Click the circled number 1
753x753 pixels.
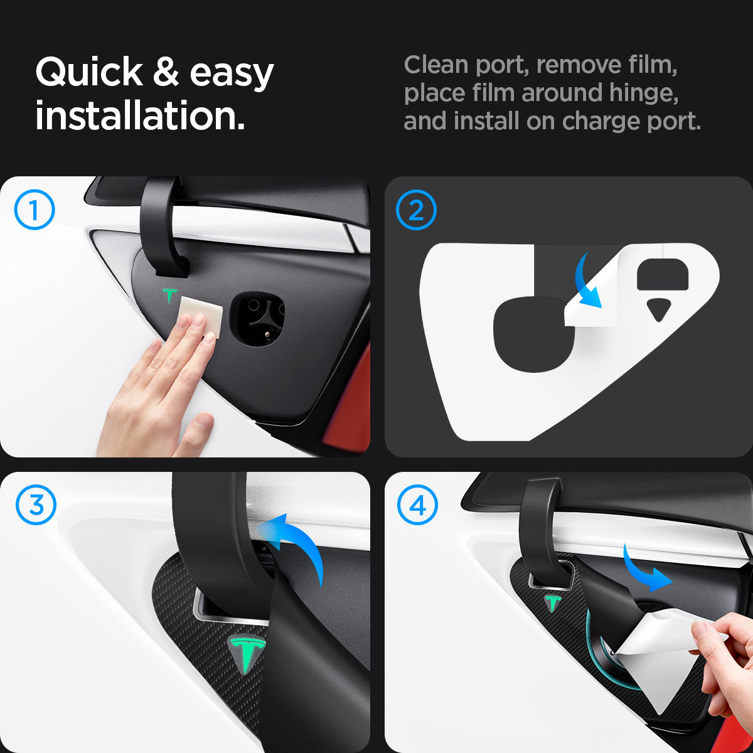click(35, 210)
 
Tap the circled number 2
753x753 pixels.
click(416, 210)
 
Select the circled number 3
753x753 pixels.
click(36, 505)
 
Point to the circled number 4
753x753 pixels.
click(418, 505)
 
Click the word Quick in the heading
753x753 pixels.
click(90, 72)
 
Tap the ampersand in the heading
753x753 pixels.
click(166, 72)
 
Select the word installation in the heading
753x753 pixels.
click(140, 115)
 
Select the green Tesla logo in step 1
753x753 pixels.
click(170, 295)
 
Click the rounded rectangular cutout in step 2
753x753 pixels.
click(663, 274)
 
